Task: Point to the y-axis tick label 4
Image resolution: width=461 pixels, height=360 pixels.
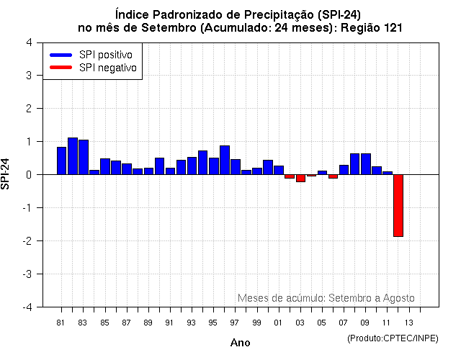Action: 28,42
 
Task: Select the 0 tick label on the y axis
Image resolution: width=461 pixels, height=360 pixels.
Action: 28,175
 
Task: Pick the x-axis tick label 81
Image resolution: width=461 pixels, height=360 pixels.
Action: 61,322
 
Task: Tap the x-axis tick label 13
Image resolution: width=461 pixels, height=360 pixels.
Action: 408,322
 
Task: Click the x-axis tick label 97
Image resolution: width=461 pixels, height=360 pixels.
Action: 235,322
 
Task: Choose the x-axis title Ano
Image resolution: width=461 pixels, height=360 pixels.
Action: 240,343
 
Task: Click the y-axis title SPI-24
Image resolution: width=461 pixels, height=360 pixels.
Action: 6,174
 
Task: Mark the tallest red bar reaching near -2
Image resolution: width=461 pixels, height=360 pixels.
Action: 398,205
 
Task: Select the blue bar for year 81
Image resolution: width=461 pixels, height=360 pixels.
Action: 61,161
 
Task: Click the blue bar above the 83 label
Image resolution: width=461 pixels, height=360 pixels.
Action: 83,157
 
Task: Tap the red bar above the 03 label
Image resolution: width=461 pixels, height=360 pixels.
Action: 300,178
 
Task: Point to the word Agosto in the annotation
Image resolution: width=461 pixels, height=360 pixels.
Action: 398,298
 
